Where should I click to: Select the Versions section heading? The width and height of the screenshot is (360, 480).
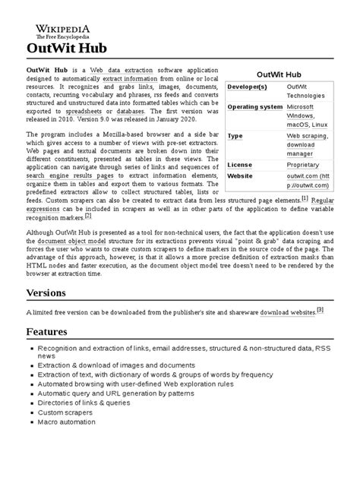coord(49,292)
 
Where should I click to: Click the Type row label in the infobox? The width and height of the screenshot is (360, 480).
coord(235,136)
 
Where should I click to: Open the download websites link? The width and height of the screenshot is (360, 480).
coord(287,311)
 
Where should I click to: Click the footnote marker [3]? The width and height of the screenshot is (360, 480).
coord(320,309)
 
